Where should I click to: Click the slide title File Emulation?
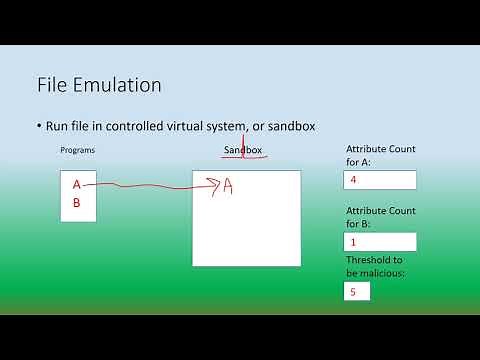98,86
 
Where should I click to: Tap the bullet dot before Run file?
38,126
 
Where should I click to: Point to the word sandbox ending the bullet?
287,126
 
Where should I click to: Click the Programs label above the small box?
79,150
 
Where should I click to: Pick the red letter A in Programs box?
76,185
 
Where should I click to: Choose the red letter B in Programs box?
76,202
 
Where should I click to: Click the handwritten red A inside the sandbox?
228,186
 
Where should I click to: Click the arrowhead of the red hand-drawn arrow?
215,183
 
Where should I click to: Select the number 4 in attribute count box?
352,180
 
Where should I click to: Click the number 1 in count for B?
353,242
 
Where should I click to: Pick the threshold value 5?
352,292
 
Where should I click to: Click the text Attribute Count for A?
380,155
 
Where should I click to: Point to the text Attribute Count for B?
380,218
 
